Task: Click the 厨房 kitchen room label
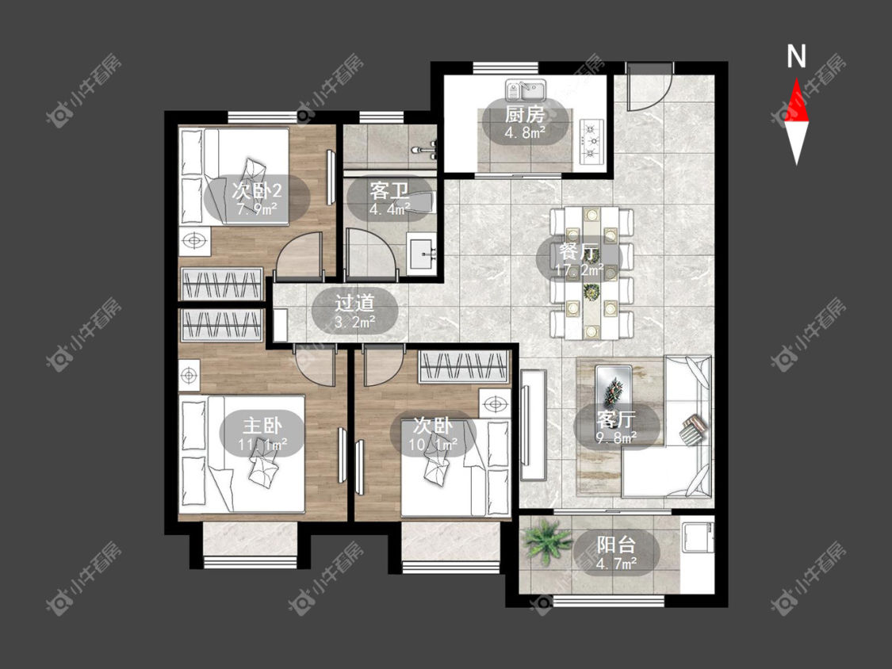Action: click(525, 115)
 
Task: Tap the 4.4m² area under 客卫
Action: click(389, 209)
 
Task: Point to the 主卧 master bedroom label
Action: click(262, 425)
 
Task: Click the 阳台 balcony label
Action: click(616, 545)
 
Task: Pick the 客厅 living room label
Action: click(616, 420)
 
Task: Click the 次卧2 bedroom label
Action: click(257, 190)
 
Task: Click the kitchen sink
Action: click(526, 90)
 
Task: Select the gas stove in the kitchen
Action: click(592, 141)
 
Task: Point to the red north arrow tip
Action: click(796, 78)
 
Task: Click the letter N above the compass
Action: click(796, 56)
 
